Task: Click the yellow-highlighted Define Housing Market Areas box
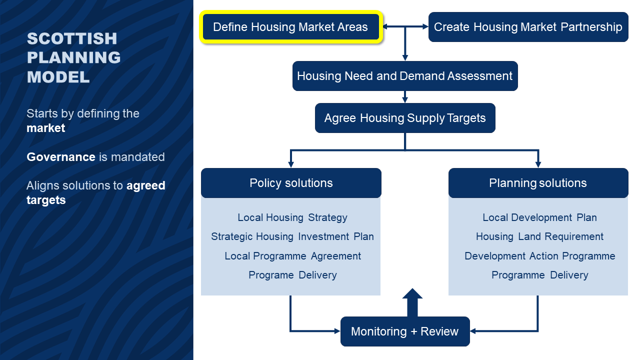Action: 291,27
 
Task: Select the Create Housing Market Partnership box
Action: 528,27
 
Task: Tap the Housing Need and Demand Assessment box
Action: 405,76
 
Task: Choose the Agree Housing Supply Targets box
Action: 405,118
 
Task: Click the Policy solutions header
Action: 291,183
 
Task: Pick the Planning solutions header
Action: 538,183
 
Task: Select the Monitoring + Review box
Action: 405,331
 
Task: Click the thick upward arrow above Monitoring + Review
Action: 412,302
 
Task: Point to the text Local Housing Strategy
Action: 292,217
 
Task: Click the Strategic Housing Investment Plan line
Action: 292,237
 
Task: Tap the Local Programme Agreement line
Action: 292,256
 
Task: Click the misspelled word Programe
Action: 271,275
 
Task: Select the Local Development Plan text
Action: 539,217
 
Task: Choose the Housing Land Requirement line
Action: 539,237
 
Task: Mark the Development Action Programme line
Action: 539,256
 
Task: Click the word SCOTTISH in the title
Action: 72,38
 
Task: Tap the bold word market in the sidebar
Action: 45,128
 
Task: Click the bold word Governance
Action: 61,157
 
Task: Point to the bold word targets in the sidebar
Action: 46,200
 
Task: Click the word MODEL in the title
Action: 58,77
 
